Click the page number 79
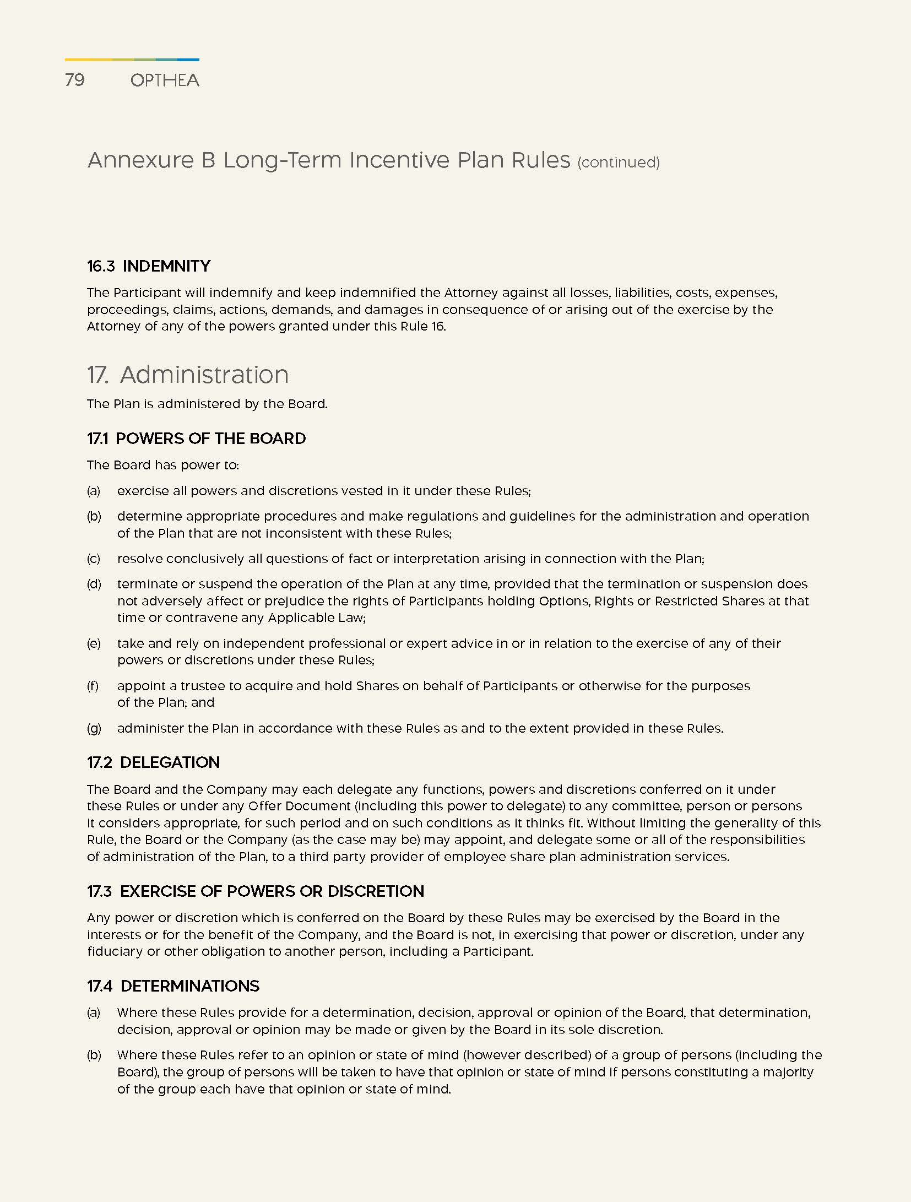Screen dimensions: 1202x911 (x=75, y=80)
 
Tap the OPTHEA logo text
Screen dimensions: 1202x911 (x=165, y=80)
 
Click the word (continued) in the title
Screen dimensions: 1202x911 (x=618, y=163)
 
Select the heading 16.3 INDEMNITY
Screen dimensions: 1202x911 (x=149, y=266)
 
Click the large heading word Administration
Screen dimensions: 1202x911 (x=204, y=375)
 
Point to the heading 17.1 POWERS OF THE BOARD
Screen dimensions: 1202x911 (x=196, y=438)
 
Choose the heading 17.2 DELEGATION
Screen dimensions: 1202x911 (x=153, y=762)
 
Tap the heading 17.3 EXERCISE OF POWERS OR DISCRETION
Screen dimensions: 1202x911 (x=256, y=891)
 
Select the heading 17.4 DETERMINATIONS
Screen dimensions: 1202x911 (x=173, y=986)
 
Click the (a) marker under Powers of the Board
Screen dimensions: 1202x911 (x=94, y=491)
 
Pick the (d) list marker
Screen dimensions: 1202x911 (x=94, y=584)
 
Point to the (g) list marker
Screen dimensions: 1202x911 (x=94, y=728)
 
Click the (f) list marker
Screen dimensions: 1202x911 (x=93, y=686)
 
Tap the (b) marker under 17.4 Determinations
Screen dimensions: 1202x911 (x=94, y=1055)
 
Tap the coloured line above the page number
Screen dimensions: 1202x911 (x=132, y=59)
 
